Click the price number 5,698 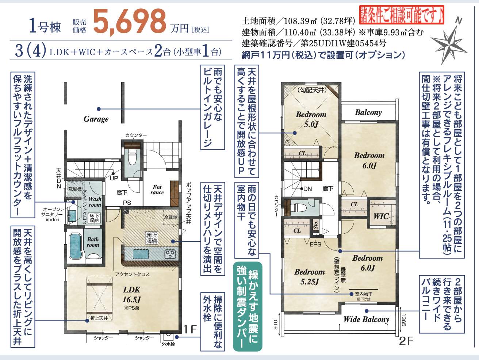click(x=130, y=21)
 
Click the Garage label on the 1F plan click(x=96, y=119)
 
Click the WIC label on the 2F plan click(x=381, y=216)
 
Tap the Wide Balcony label click(x=366, y=319)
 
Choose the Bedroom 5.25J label click(x=309, y=276)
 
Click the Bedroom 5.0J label click(x=311, y=119)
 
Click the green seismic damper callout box click(x=248, y=306)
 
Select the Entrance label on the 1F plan click(x=157, y=190)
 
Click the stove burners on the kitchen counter click(x=170, y=254)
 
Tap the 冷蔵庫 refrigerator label click(x=170, y=217)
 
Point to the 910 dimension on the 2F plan click(x=276, y=324)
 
